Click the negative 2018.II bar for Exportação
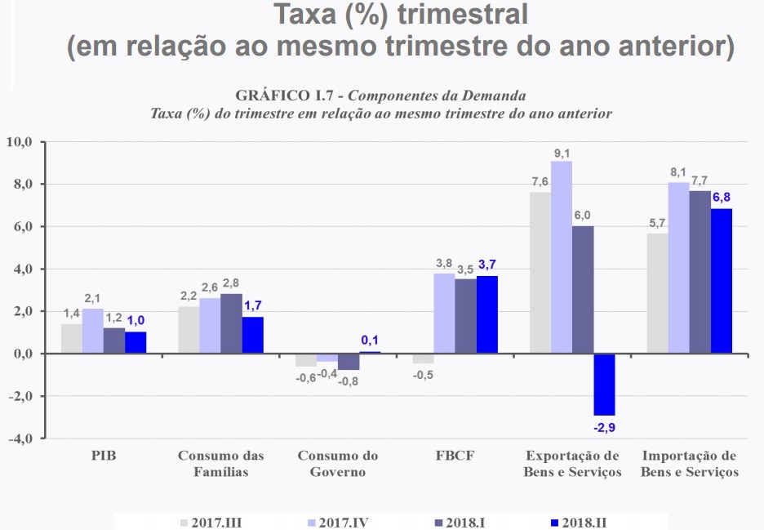pos(604,384)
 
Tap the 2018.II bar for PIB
pos(135,343)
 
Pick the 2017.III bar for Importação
pos(657,294)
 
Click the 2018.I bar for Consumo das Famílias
pos(231,324)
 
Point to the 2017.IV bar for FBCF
pos(444,314)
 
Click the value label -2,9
pos(604,426)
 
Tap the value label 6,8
pos(722,197)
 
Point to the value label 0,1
pos(370,340)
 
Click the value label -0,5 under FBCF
pos(422,375)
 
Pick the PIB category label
pos(104,456)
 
